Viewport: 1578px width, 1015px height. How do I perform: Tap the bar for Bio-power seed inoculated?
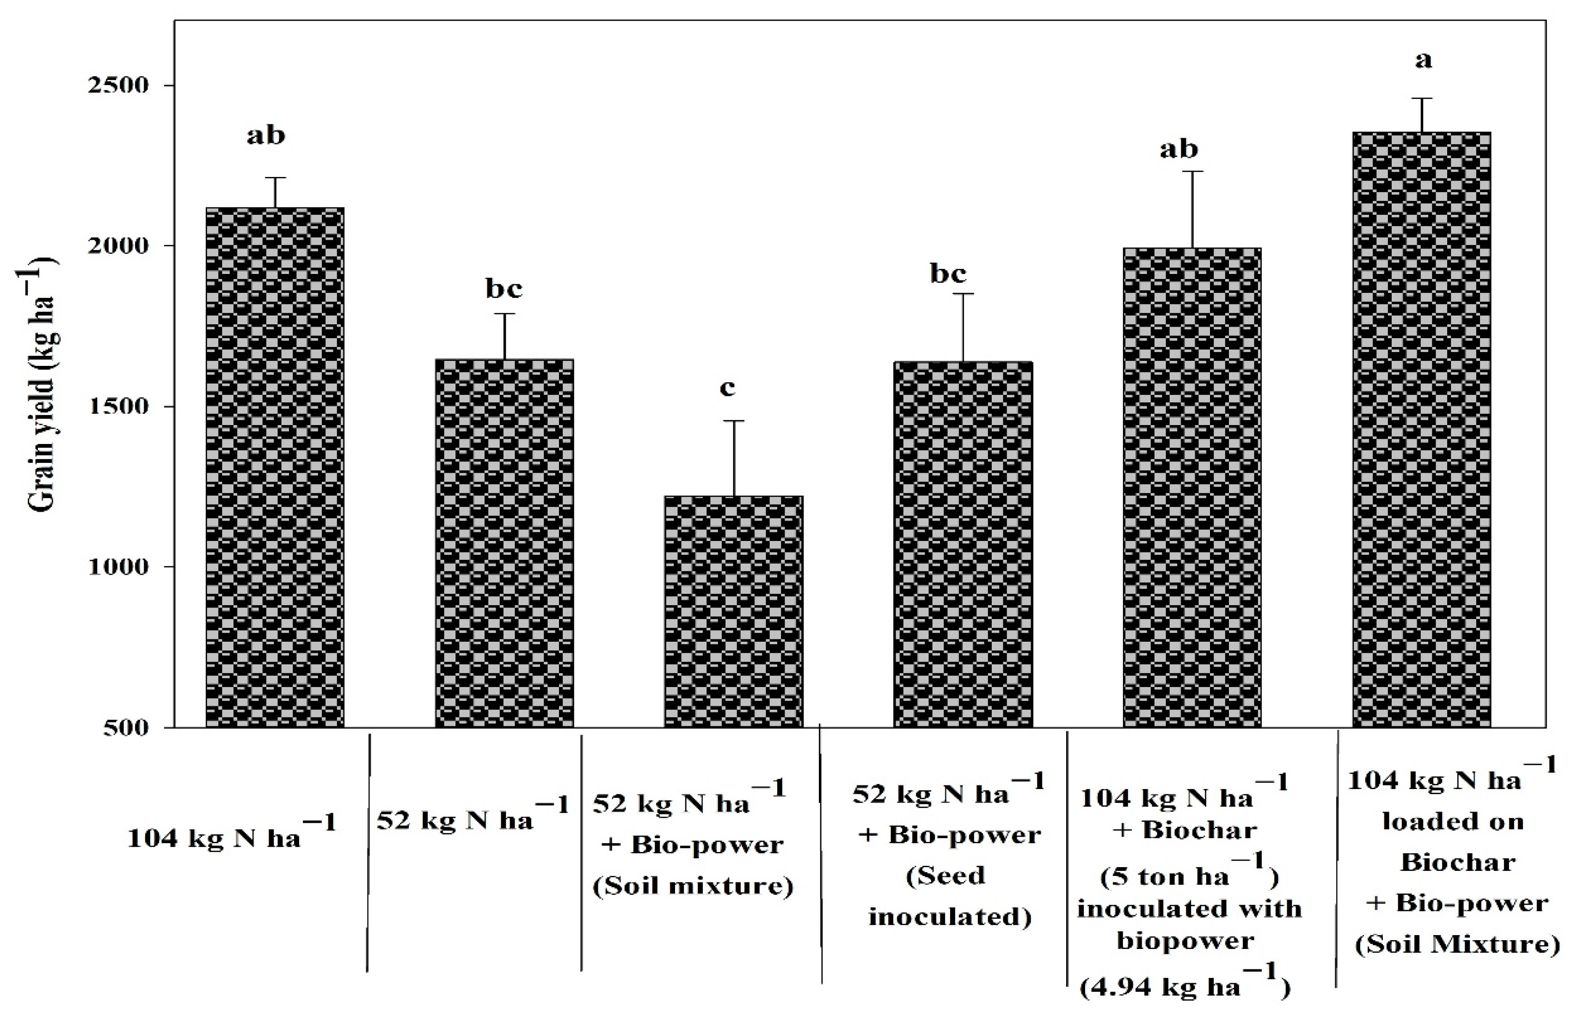point(963,544)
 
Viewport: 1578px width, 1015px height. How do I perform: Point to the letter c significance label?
point(727,388)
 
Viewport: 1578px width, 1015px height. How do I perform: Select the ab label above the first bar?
point(266,135)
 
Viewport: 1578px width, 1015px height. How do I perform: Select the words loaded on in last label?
point(1453,821)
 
